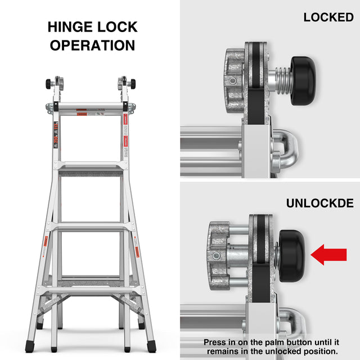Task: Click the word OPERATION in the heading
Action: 93,46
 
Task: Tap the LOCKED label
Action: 328,17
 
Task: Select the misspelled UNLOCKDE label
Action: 320,203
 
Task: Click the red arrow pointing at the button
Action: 332,254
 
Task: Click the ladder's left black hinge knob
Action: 48,84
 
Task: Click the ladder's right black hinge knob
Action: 133,84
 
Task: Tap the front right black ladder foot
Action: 151,346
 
